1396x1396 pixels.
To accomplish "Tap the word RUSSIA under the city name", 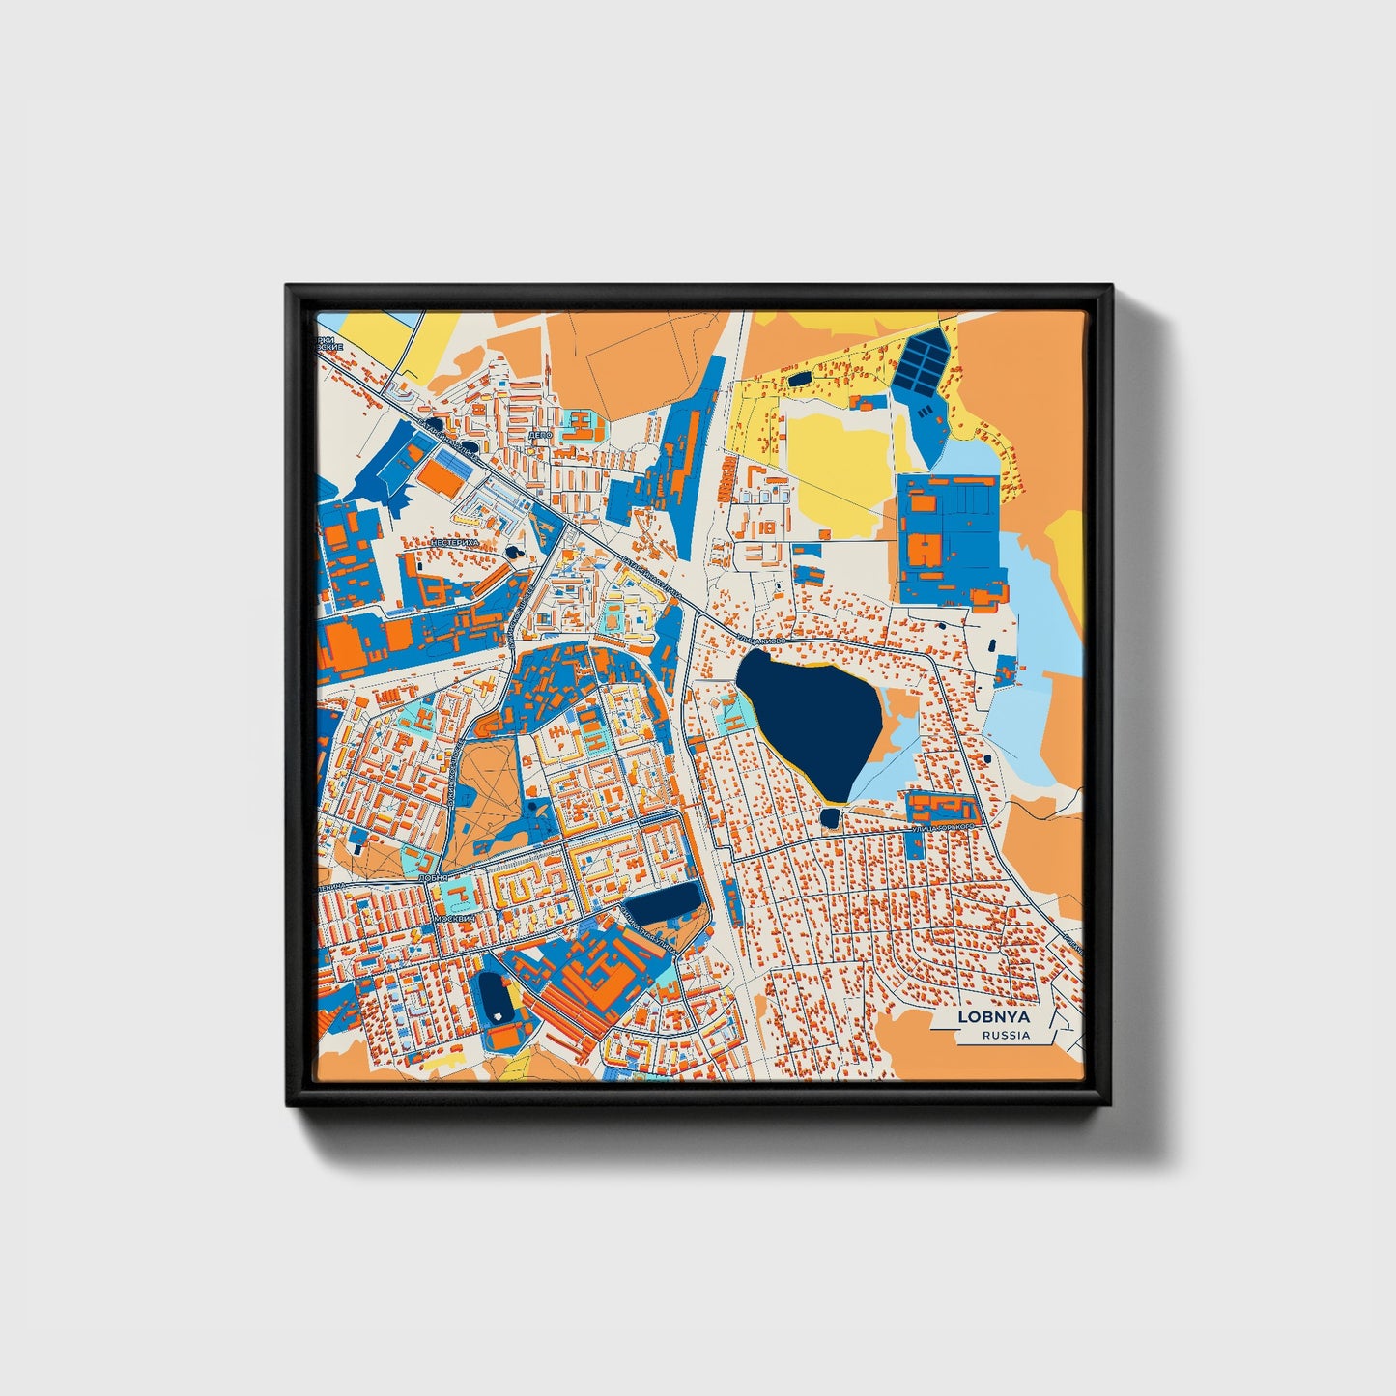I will click(x=1006, y=1036).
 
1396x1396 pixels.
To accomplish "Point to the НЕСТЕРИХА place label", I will click(x=455, y=544).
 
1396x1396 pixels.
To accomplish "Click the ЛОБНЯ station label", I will click(x=435, y=877).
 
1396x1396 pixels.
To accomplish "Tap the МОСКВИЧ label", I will click(x=456, y=918).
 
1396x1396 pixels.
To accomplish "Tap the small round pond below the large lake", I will click(x=829, y=818).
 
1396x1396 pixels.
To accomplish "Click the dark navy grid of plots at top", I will click(x=923, y=359).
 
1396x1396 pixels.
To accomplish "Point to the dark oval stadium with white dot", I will click(x=496, y=998).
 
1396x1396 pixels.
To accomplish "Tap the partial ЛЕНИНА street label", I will click(x=330, y=884).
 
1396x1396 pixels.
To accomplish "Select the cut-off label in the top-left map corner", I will click(x=329, y=343).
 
